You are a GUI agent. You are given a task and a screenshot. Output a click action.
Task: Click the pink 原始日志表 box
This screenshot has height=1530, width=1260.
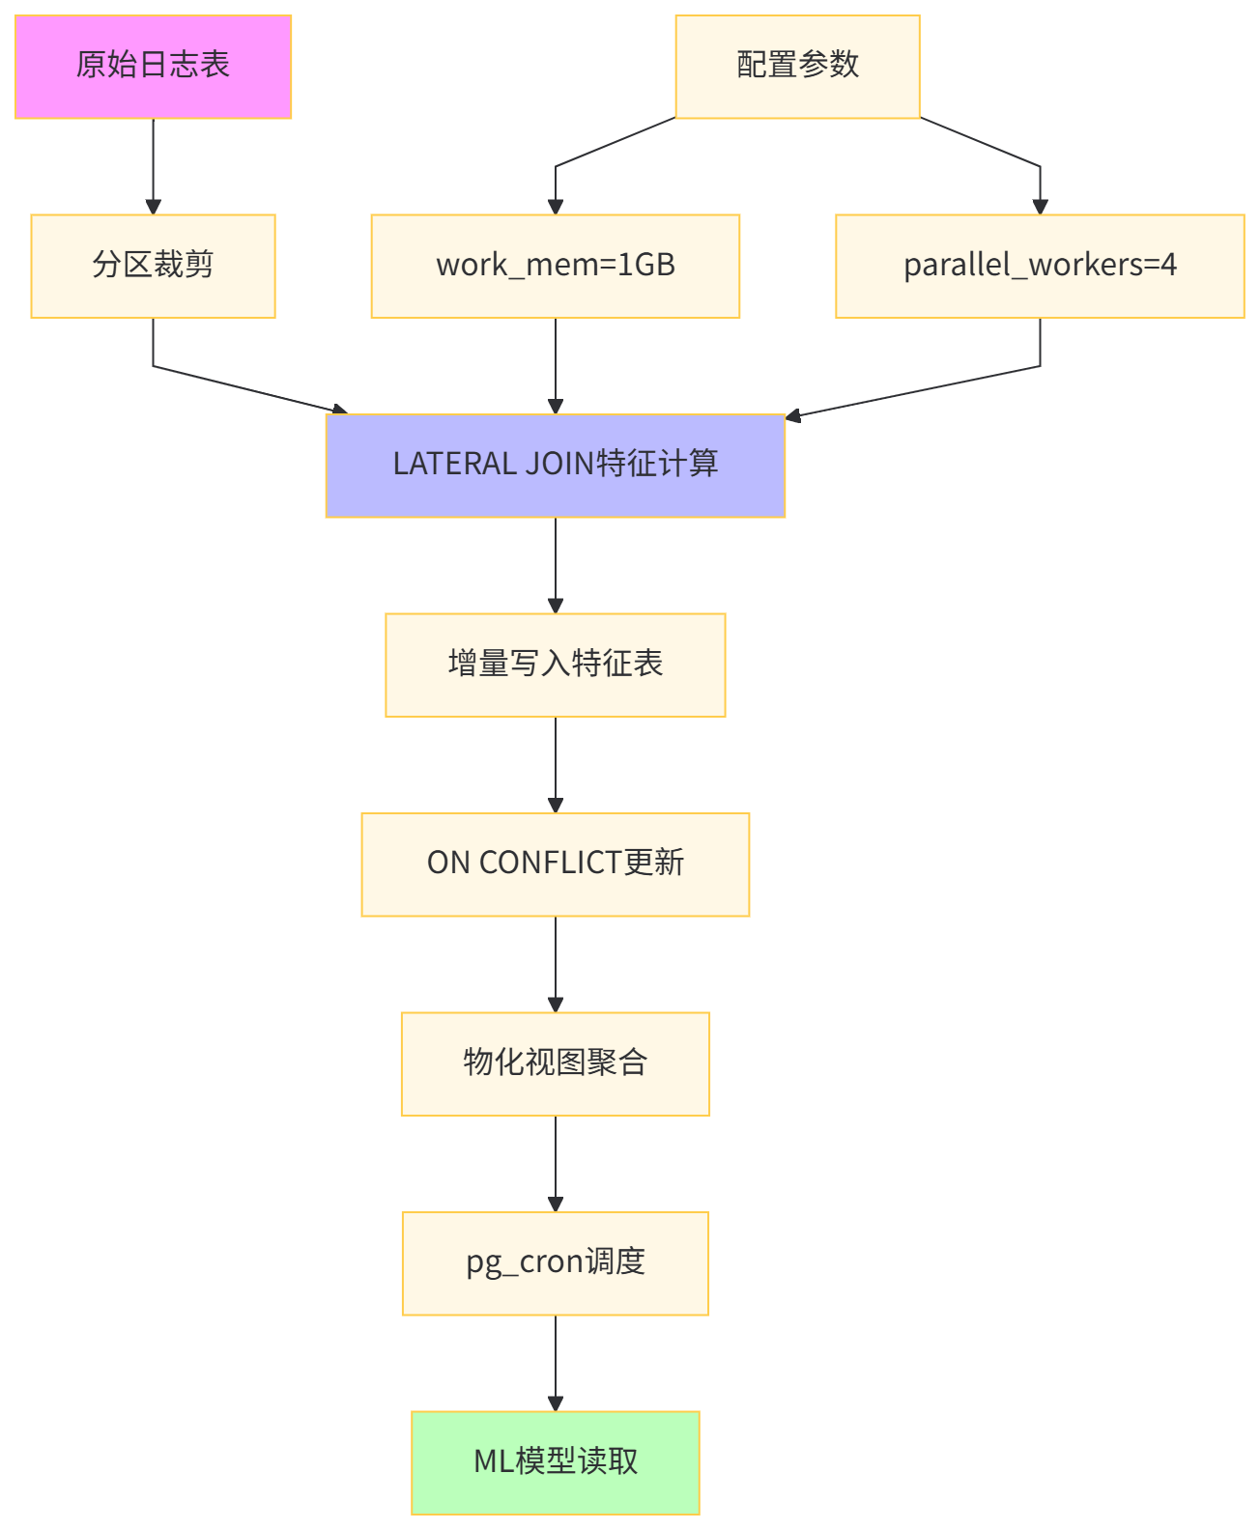tap(153, 67)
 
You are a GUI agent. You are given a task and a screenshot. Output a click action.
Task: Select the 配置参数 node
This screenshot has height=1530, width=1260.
tap(797, 67)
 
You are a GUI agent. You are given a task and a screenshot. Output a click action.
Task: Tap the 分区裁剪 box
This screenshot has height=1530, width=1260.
tap(153, 266)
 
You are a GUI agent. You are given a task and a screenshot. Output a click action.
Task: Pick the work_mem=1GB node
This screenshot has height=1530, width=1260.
tap(555, 266)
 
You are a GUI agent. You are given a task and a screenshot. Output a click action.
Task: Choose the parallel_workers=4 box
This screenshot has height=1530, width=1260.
tap(1040, 266)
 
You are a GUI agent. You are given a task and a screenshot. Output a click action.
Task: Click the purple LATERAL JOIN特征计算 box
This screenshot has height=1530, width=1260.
tap(555, 466)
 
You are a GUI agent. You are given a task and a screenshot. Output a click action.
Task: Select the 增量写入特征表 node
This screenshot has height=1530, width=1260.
tap(555, 665)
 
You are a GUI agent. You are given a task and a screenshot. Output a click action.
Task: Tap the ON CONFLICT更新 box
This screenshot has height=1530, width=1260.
tap(555, 864)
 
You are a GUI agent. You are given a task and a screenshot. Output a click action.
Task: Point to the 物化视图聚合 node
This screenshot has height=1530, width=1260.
tap(555, 1063)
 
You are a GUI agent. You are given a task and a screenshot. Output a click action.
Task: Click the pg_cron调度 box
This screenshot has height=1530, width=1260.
tap(555, 1263)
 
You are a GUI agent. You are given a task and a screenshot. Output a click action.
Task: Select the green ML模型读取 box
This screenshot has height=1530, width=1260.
tap(555, 1462)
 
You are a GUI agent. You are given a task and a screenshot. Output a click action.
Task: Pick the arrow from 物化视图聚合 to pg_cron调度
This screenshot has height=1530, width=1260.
tap(555, 1163)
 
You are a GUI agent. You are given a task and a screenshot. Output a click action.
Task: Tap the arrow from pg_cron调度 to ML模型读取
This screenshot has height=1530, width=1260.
tap(555, 1362)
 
